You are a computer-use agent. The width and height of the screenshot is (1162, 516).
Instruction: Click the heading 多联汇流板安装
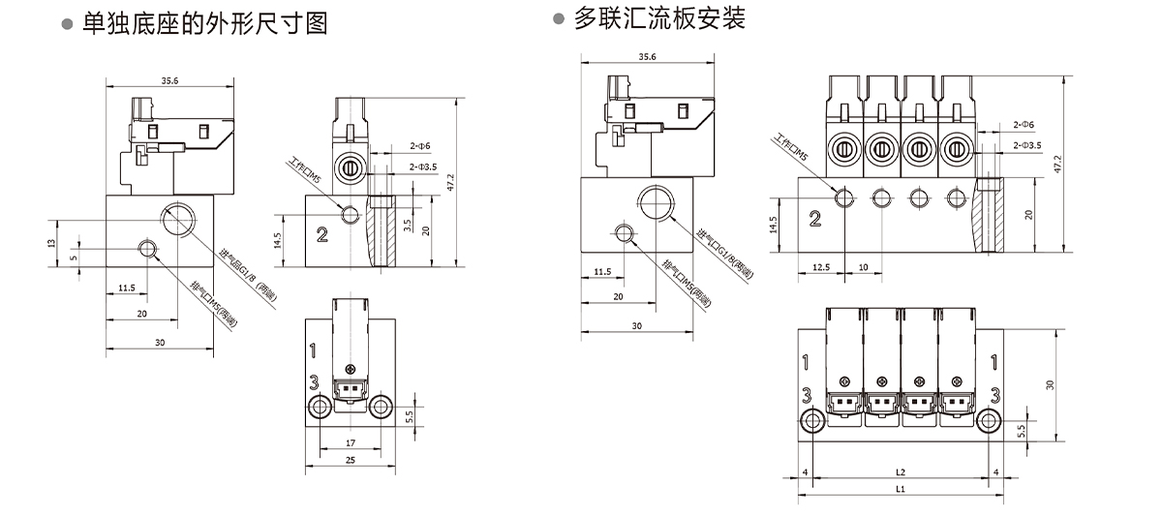(x=658, y=18)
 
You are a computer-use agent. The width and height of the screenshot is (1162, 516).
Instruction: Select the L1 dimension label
(x=900, y=490)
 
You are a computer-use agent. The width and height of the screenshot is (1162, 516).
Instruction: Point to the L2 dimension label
(x=900, y=471)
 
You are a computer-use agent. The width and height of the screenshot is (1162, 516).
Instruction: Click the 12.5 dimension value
(x=822, y=266)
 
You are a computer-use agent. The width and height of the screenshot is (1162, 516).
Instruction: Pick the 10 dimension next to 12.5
(x=863, y=266)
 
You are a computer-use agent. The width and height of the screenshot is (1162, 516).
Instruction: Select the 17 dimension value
(x=350, y=442)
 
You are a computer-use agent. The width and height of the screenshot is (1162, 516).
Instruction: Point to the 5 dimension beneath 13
(x=74, y=258)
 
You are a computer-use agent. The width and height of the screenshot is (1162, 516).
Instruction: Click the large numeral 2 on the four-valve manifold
(x=814, y=219)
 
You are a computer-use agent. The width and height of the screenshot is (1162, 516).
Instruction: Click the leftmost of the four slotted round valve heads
(x=843, y=149)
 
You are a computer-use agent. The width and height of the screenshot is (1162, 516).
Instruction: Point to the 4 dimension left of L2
(x=805, y=471)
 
